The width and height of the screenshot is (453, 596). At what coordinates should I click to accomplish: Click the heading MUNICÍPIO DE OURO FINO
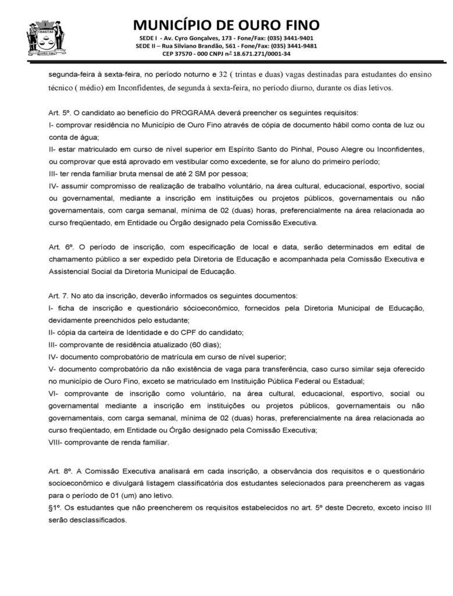[226, 24]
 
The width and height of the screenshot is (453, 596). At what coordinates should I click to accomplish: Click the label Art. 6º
[59, 247]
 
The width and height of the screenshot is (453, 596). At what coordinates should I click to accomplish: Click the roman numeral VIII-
[56, 442]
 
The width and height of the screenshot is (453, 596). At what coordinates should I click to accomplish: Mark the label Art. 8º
[59, 470]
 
